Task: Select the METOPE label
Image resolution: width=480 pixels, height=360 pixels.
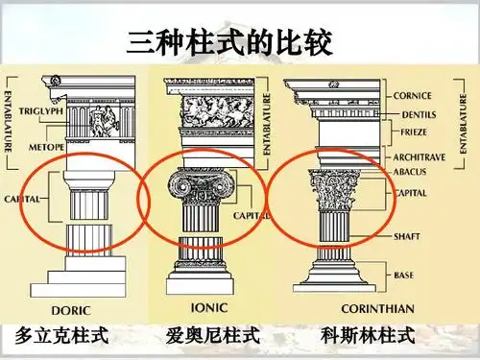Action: tap(45, 146)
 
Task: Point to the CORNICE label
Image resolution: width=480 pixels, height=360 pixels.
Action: tap(413, 95)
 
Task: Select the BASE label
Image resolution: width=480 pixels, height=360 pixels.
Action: tap(404, 276)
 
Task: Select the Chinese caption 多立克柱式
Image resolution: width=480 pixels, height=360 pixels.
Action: tap(60, 336)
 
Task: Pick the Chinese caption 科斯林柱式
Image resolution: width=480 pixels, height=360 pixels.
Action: tap(369, 336)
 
